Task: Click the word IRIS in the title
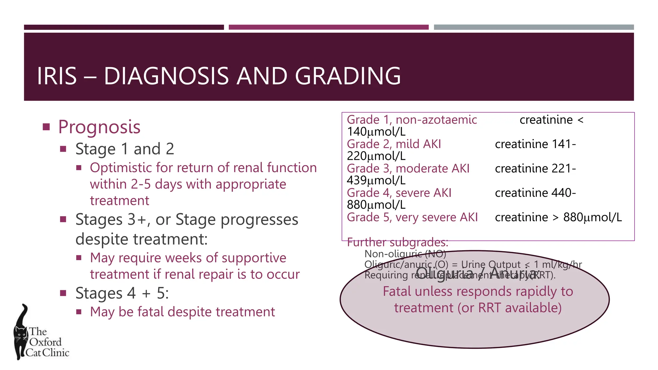click(x=57, y=76)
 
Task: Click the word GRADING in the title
click(x=348, y=76)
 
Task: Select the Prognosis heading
click(x=99, y=127)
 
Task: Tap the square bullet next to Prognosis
click(x=47, y=127)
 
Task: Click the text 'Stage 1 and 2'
click(x=125, y=149)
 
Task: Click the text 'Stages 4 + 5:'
click(x=122, y=293)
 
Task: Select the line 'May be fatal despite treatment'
click(x=182, y=312)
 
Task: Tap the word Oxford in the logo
click(x=45, y=342)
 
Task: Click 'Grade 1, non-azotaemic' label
click(x=412, y=120)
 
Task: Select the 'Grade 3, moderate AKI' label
click(x=408, y=169)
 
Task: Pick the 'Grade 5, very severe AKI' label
click(x=412, y=217)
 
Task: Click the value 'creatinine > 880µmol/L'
click(x=558, y=217)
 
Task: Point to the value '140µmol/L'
click(x=376, y=132)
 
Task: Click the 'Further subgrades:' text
click(x=397, y=242)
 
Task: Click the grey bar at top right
click(x=534, y=27)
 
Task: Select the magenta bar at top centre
click(x=328, y=27)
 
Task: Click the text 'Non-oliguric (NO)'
click(x=405, y=254)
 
